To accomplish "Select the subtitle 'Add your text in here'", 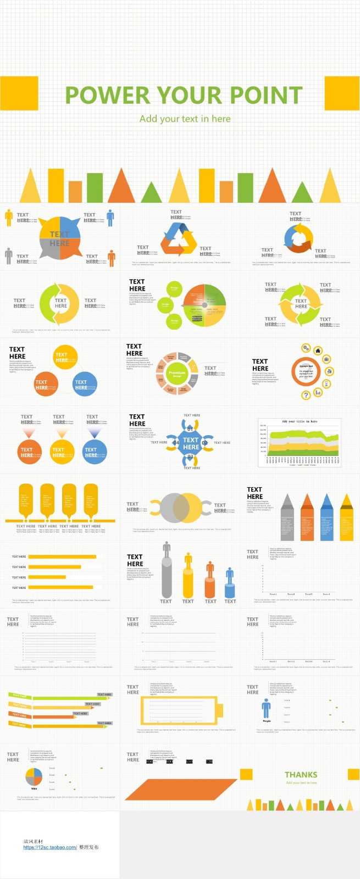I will click(x=185, y=119).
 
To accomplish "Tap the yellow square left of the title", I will click(x=19, y=93).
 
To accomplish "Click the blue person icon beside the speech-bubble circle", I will click(x=110, y=218).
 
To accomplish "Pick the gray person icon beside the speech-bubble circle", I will click(x=8, y=255).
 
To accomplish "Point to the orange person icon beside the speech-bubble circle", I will click(x=112, y=258).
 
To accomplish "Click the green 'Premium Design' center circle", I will click(x=177, y=374).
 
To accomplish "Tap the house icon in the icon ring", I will click(x=318, y=351).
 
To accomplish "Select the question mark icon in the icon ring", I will click(x=307, y=394).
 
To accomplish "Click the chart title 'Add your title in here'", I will click(x=300, y=421).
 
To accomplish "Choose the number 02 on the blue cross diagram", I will click(x=204, y=443).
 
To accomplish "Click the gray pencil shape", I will click(x=287, y=519).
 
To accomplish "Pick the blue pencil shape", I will click(x=326, y=519).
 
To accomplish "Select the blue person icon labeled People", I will click(x=267, y=708).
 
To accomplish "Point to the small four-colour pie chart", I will click(x=34, y=777).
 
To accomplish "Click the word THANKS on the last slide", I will click(x=301, y=775).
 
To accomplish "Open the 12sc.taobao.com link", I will click(x=50, y=847).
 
